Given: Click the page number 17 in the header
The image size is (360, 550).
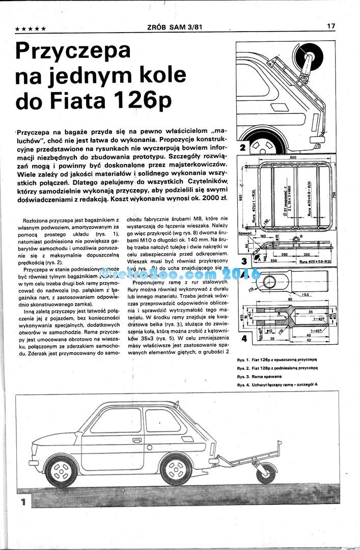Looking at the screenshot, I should (x=331, y=25).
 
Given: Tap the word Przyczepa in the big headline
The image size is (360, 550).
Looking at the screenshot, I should (x=73, y=51).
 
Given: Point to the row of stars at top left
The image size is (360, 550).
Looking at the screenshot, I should (x=32, y=29).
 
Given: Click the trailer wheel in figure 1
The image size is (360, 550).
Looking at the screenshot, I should (x=266, y=474).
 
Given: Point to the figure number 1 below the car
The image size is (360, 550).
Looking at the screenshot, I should (x=23, y=502).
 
